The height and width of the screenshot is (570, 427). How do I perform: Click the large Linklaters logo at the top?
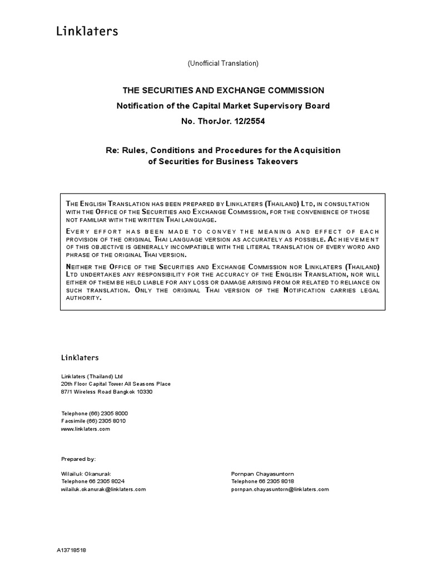tap(87, 31)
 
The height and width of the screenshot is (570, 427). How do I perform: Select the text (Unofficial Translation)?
tap(222, 63)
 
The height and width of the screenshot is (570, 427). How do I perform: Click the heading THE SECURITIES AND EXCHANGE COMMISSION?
tap(222, 90)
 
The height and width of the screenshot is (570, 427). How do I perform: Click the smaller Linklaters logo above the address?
tap(80, 357)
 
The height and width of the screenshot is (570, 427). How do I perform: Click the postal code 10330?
tap(144, 392)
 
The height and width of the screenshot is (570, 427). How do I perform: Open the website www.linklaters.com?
tap(86, 429)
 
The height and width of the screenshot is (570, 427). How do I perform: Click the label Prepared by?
tap(78, 459)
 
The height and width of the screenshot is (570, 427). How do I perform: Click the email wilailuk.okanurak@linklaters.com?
tap(103, 489)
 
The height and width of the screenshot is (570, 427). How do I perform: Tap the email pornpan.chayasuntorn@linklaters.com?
tap(280, 489)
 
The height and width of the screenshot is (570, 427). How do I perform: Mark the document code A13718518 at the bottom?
tap(71, 550)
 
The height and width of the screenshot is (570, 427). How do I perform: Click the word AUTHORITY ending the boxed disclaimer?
tap(84, 298)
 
